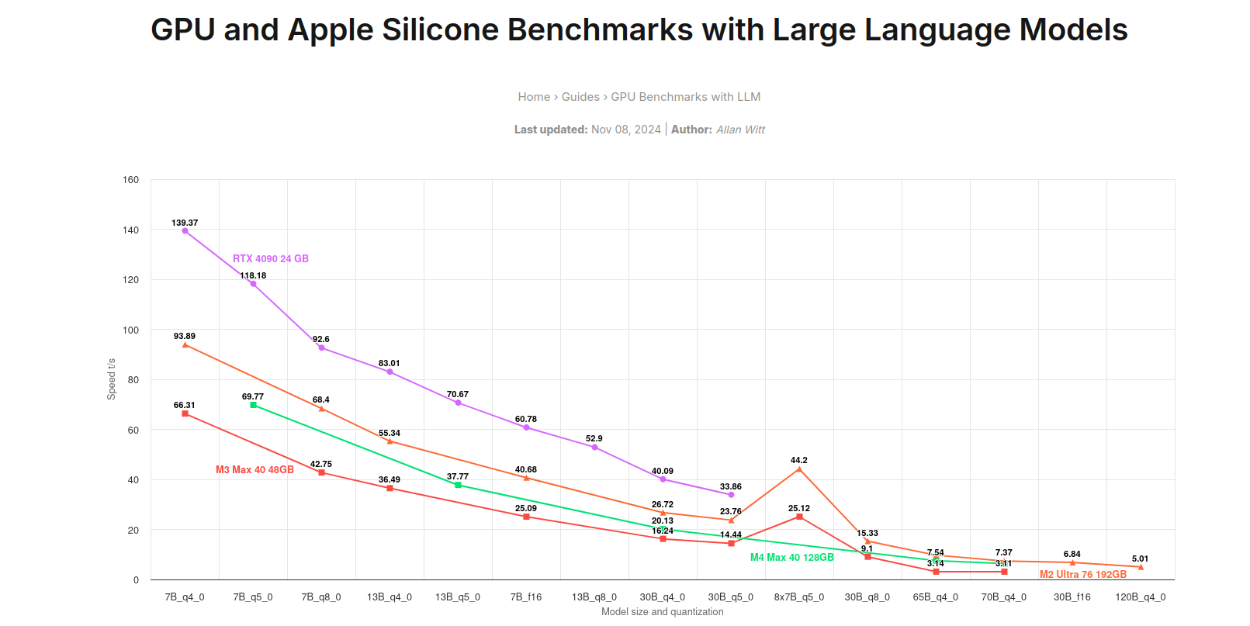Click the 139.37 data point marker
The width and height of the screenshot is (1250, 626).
185,230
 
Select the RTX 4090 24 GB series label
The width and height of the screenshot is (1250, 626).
270,259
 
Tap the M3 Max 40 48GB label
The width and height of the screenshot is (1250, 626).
255,470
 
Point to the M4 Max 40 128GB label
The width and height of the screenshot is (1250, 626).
791,558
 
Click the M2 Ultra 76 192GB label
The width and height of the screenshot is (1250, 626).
1082,575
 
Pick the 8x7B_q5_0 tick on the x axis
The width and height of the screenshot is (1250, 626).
798,597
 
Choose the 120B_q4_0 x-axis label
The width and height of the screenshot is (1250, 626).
1140,597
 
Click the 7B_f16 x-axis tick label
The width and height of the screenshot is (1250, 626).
525,597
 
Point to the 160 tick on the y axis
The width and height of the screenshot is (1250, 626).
130,180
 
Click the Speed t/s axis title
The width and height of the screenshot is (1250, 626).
111,379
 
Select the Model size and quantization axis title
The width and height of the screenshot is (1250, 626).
662,612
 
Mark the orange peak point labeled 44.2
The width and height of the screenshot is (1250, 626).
799,469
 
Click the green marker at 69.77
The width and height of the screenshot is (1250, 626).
253,405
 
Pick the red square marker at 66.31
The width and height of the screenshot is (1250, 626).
185,414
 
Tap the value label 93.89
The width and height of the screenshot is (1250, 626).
184,337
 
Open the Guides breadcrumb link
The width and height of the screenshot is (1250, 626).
580,97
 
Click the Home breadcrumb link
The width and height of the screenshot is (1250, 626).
534,97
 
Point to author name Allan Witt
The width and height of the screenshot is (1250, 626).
740,130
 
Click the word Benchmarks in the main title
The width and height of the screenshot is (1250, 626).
600,30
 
